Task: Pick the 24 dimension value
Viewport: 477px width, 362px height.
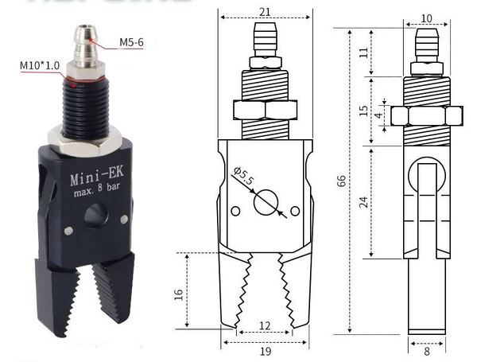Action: coord(363,202)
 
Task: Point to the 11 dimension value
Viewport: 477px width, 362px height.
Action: coord(364,53)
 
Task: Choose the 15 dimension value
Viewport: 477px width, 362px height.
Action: coord(364,111)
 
